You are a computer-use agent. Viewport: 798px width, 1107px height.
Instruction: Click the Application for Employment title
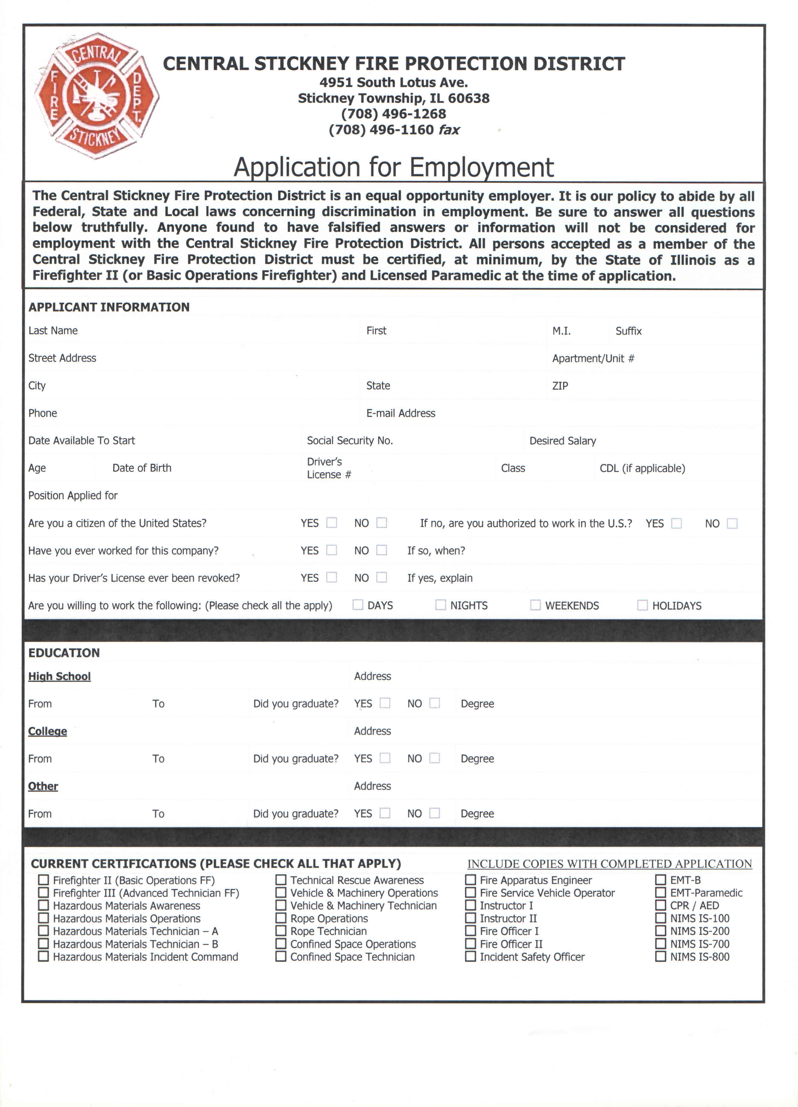tap(394, 167)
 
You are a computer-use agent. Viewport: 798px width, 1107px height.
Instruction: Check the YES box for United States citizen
tap(332, 523)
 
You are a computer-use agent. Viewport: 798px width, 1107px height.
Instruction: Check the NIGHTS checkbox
tap(440, 605)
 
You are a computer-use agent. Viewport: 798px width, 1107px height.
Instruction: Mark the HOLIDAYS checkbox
tap(642, 605)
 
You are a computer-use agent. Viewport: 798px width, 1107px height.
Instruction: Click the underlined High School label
tap(60, 676)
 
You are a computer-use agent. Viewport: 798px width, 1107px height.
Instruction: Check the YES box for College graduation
tap(385, 758)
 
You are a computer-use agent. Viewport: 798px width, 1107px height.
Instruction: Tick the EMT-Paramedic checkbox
tap(660, 893)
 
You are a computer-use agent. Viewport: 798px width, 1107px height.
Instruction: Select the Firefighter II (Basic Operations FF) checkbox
tap(44, 880)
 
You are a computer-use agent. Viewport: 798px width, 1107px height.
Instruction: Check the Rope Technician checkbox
tap(281, 931)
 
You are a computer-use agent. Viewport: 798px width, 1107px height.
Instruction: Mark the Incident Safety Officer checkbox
tap(470, 957)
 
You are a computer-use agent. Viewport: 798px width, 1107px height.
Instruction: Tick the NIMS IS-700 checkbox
tap(660, 944)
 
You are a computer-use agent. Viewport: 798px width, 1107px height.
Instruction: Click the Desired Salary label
tap(563, 441)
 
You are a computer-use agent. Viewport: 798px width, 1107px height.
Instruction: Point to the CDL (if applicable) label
tap(642, 469)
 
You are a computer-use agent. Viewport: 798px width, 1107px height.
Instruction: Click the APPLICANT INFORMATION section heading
tap(109, 307)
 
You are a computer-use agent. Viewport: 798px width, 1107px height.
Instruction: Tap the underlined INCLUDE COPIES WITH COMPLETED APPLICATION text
tap(609, 864)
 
